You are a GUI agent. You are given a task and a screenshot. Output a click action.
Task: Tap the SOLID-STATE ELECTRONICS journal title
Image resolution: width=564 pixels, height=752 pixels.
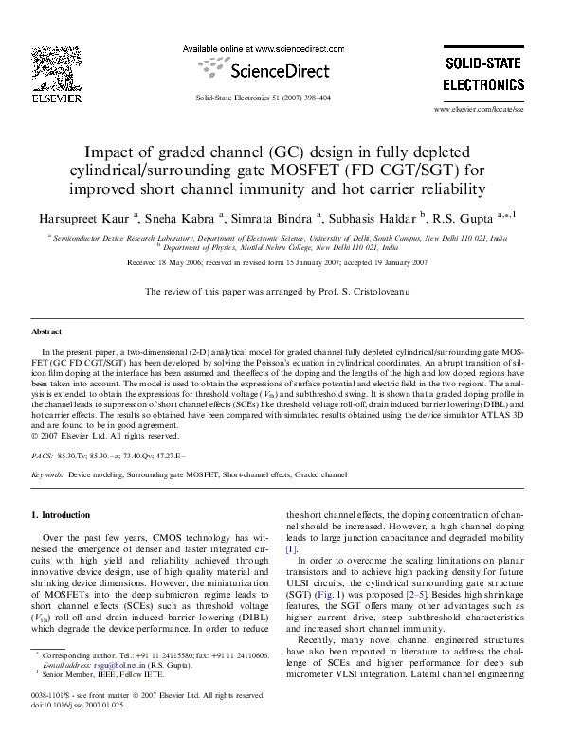click(483, 73)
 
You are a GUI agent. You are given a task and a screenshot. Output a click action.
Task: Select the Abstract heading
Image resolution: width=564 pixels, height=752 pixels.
click(47, 333)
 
